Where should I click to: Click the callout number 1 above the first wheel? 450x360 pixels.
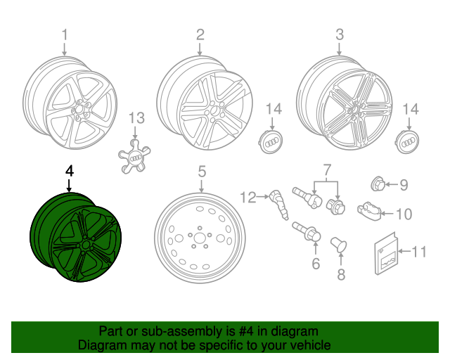point(65,34)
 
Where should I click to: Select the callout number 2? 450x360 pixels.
point(200,34)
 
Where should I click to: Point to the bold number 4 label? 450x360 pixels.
point(69,171)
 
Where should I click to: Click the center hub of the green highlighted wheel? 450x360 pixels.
point(85,245)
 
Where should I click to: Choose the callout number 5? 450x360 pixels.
point(201,171)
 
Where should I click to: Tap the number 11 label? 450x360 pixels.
point(419,251)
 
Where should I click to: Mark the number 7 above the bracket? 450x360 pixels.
point(326,169)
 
